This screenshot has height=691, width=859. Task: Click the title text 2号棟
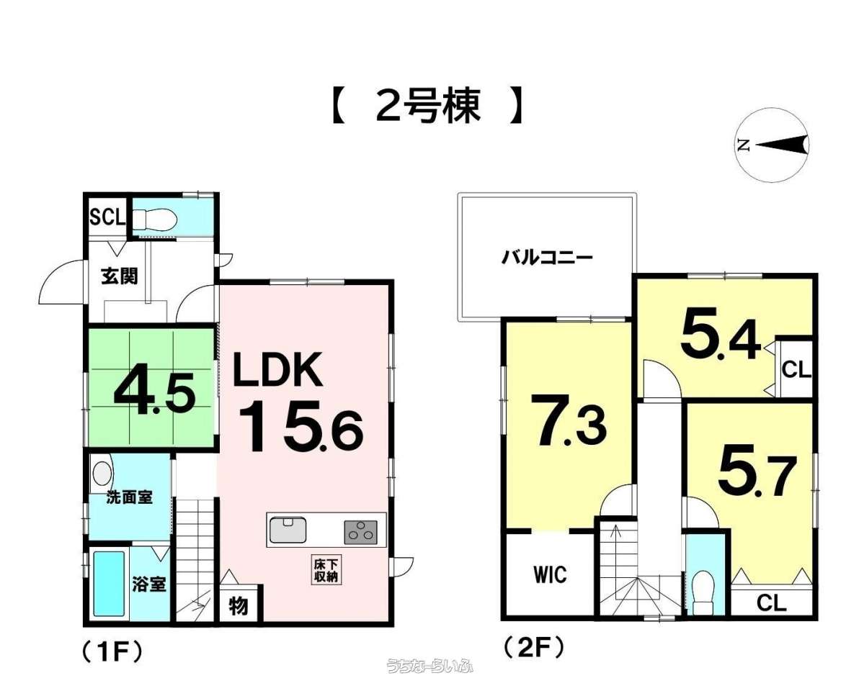(x=428, y=106)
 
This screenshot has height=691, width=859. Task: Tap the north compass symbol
(x=772, y=145)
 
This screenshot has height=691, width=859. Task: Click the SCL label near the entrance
(x=107, y=218)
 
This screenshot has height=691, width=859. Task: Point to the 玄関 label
(x=119, y=276)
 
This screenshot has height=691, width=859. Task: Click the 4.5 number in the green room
(x=154, y=392)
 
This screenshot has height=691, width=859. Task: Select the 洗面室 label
(x=129, y=498)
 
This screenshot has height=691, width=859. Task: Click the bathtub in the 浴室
(x=109, y=584)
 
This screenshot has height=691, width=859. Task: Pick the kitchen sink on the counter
(x=288, y=530)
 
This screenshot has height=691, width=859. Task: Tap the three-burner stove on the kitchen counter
(x=361, y=532)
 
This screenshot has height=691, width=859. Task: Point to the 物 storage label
(x=239, y=606)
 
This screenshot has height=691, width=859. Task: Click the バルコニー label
(x=547, y=256)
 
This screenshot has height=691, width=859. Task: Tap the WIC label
(x=551, y=574)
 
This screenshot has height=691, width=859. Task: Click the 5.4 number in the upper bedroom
(x=721, y=338)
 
